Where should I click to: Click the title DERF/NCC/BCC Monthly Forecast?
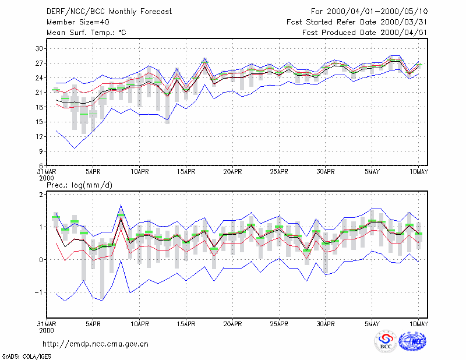coord(109,12)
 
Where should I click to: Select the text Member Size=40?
coord(78,22)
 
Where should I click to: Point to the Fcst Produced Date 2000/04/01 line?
coord(365,33)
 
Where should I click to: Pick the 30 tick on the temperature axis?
coord(39,48)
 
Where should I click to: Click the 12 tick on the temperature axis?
coord(39,137)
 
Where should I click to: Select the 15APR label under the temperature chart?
coord(186,172)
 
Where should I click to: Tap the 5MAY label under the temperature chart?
coord(372,172)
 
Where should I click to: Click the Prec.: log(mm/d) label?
coord(79,185)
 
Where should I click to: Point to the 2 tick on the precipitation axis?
coord(41,195)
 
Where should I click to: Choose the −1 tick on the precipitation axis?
coord(38,292)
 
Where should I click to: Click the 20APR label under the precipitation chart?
coord(232,324)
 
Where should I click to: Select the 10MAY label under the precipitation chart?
coord(419,324)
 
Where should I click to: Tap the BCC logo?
coord(386,341)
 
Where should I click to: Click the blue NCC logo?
coord(412,341)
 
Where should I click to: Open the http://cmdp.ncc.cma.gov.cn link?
coord(96,344)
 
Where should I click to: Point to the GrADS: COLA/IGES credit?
coord(26,357)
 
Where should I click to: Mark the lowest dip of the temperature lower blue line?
coord(75,149)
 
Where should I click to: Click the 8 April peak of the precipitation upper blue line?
coord(121,205)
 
